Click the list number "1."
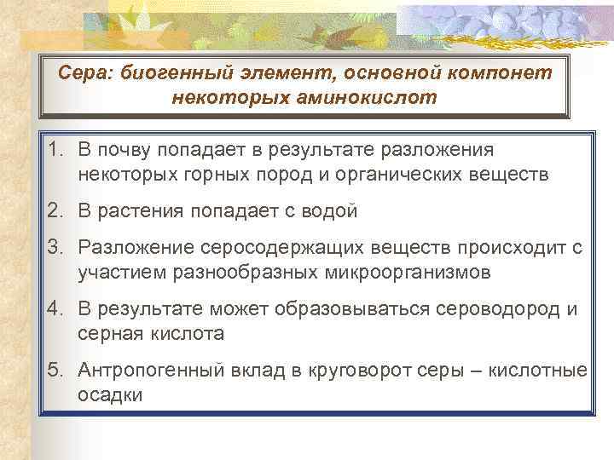click(x=56, y=150)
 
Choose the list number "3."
click(x=56, y=247)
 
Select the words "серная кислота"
click(x=151, y=334)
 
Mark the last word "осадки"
click(x=110, y=395)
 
